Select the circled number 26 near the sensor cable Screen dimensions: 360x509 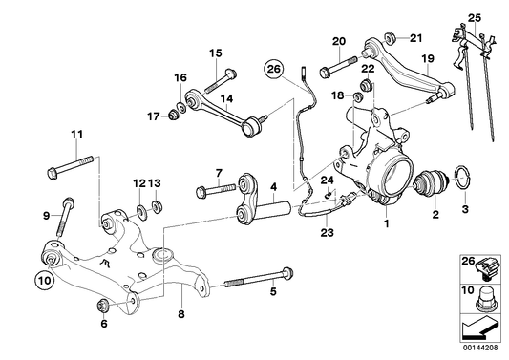(x=274, y=69)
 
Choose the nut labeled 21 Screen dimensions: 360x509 (x=390, y=38)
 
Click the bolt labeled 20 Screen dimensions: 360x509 (x=329, y=69)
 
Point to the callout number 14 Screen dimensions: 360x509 (x=227, y=97)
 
